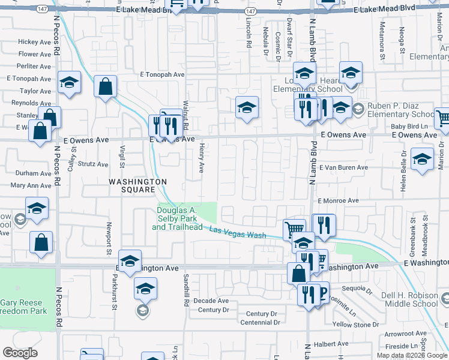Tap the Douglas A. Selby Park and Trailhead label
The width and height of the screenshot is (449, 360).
pos(179,219)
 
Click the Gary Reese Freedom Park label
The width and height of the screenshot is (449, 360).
pos(24,307)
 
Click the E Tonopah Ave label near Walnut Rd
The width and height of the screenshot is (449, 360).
pos(162,75)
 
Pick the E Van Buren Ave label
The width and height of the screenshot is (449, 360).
pos(343,169)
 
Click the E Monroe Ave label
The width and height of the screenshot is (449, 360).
pos(338,200)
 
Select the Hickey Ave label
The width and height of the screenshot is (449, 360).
pos(34,42)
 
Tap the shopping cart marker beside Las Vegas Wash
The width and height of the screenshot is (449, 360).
pos(294,229)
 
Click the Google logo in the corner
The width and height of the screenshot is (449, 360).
pos(20,353)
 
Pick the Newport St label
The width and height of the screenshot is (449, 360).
pos(109,230)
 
